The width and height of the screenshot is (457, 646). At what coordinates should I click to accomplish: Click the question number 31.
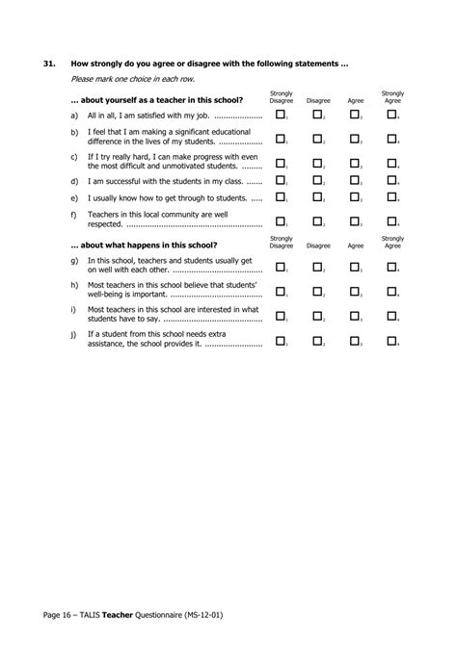click(49, 64)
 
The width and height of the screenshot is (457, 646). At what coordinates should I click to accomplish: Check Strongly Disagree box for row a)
click(281, 115)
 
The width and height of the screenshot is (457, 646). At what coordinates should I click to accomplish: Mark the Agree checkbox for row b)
click(354, 138)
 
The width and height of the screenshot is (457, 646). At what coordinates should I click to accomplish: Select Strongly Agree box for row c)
click(391, 163)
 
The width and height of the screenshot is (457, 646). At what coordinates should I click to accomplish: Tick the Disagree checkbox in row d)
click(317, 180)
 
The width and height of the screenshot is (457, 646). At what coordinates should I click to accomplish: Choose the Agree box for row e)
click(354, 197)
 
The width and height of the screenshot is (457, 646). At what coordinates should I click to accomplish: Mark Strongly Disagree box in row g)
click(281, 266)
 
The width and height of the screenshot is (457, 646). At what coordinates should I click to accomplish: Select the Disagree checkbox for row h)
click(317, 290)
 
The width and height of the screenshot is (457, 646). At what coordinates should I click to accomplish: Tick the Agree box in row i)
click(354, 315)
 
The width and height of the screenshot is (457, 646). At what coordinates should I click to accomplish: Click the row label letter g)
click(75, 260)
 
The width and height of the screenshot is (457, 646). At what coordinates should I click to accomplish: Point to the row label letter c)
click(75, 155)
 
